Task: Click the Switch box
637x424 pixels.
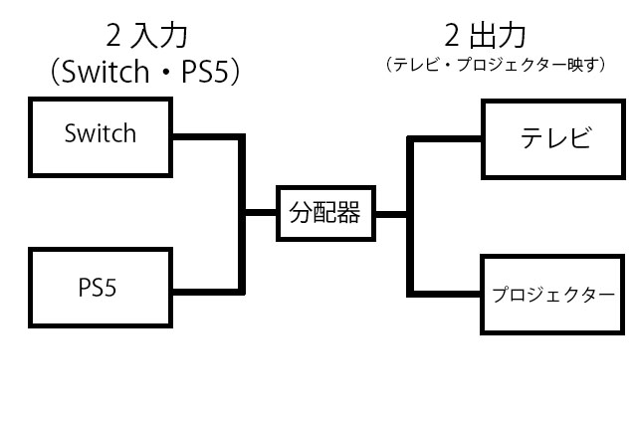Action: [100, 134]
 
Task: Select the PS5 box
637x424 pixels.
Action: [100, 288]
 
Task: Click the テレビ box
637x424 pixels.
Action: [555, 138]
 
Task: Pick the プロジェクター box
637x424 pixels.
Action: [555, 295]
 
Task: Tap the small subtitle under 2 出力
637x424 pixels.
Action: [494, 65]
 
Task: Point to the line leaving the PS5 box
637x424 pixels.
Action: [204, 291]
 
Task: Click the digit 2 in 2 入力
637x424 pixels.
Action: [115, 38]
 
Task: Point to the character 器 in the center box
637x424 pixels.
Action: [348, 212]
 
